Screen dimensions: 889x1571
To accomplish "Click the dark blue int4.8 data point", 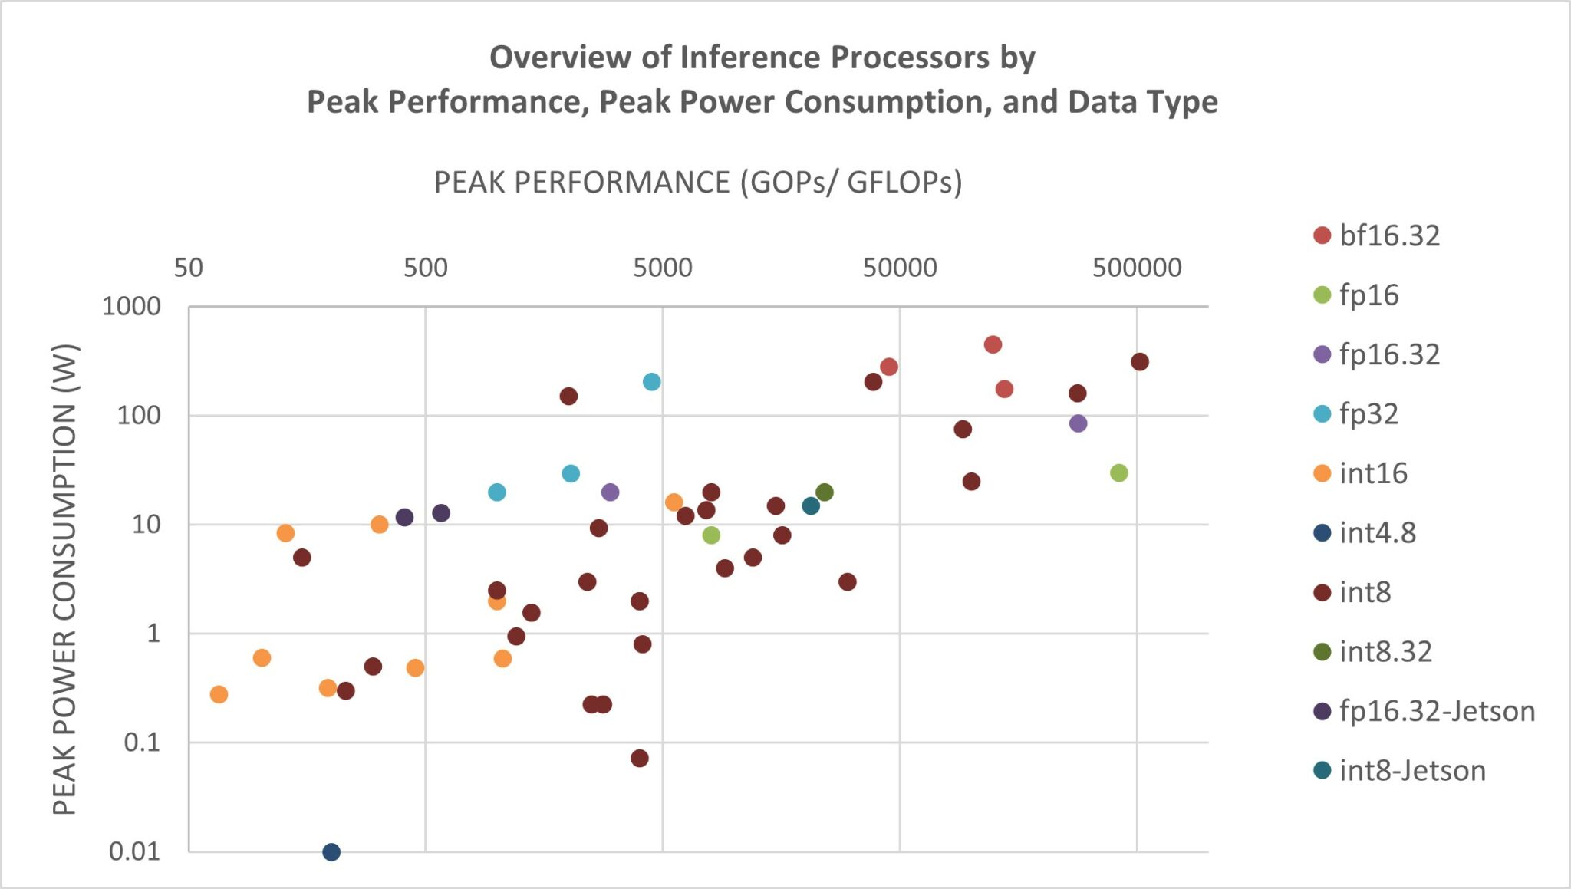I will (331, 851).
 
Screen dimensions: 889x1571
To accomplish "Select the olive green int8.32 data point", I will (825, 492).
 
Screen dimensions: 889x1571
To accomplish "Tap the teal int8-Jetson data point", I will (811, 505).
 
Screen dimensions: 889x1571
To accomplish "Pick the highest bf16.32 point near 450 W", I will (993, 344).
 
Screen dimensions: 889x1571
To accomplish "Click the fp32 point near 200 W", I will (651, 382).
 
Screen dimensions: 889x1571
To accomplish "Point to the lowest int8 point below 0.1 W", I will (640, 758).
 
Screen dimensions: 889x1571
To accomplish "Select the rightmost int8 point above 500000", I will (1140, 362).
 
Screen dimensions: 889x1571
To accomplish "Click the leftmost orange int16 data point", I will (219, 694).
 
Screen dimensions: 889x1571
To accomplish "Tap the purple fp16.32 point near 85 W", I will (1078, 423).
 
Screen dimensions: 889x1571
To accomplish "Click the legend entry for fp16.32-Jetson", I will (1436, 711).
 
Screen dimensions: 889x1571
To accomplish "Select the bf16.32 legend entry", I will (1388, 235).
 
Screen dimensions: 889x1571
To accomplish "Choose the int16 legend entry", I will (1372, 473).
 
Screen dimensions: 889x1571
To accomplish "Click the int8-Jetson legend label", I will (1411, 770).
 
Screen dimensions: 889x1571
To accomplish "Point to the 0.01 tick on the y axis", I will (134, 851).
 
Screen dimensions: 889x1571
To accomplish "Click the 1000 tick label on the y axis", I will (131, 306).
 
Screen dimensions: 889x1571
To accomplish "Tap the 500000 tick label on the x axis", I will (1137, 268).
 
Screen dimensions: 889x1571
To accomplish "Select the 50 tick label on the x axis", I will (189, 268).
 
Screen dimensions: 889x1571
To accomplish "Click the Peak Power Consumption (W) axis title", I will (64, 579).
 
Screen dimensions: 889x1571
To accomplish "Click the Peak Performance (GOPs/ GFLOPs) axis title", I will (697, 183).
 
